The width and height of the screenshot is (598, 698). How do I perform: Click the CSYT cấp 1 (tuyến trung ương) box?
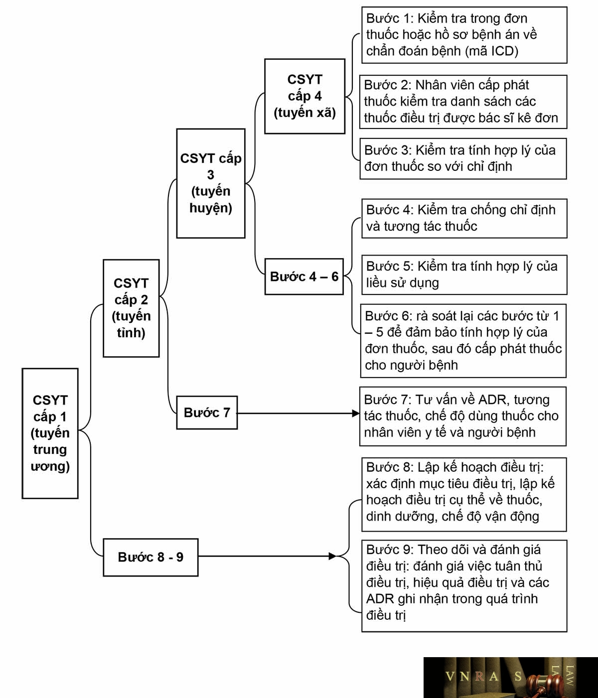[x=50, y=433]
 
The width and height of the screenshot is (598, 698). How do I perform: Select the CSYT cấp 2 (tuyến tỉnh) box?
[x=131, y=308]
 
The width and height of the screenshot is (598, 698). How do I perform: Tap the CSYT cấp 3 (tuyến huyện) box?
[x=211, y=183]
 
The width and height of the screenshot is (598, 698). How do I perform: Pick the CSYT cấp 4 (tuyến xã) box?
[x=305, y=96]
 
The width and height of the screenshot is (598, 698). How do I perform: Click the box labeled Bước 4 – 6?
[x=304, y=277]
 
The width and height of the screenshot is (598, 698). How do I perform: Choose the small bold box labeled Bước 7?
[x=207, y=413]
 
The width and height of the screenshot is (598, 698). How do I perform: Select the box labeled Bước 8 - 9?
[x=150, y=557]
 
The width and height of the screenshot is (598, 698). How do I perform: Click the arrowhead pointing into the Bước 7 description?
[x=355, y=414]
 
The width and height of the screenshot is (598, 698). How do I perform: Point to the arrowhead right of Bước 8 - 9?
[x=332, y=556]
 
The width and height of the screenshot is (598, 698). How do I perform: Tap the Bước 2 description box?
[x=463, y=102]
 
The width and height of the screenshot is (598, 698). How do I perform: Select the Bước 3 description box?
[x=463, y=159]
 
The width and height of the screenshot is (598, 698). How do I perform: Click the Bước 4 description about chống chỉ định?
[x=464, y=219]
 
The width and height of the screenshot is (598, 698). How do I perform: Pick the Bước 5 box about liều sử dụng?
[x=464, y=275]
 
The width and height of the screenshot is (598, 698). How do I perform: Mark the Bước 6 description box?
[x=463, y=341]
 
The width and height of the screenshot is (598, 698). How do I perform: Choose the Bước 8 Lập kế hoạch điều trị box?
[x=464, y=494]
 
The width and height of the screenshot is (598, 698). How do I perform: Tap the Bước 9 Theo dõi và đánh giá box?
[x=464, y=586]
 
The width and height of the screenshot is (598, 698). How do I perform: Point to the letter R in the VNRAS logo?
[x=479, y=677]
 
